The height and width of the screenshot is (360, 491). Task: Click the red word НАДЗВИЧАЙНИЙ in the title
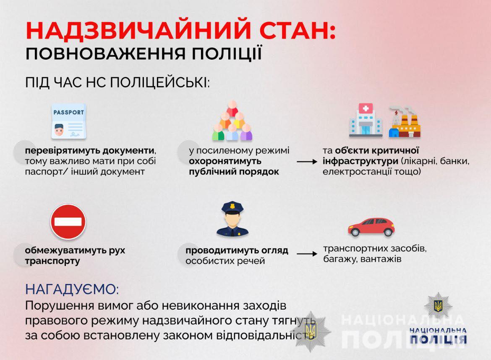[x=139, y=30]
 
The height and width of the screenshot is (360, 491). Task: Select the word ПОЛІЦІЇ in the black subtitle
[x=227, y=53]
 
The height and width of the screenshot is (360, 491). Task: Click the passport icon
[x=68, y=121]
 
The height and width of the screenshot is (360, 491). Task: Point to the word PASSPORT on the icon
[x=68, y=112]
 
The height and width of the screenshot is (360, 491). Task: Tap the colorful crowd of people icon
[x=232, y=121]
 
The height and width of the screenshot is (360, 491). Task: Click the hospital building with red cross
[x=366, y=121]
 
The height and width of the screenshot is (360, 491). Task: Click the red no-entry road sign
[x=68, y=221]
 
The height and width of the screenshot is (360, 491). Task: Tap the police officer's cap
[x=232, y=207]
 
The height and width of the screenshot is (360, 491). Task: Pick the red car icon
[x=371, y=226]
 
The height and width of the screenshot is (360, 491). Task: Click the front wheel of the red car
[x=355, y=232]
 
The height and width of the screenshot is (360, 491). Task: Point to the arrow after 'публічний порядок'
[x=307, y=162]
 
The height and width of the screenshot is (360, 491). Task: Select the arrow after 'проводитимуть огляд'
[x=307, y=253]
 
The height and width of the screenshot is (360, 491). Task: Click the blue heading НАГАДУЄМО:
[x=72, y=289]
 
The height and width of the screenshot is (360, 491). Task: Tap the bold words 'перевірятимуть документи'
[x=90, y=151]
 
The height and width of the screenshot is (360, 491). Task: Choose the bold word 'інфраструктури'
[x=360, y=161]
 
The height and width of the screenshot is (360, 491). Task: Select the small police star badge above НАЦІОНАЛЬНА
[x=438, y=306]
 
